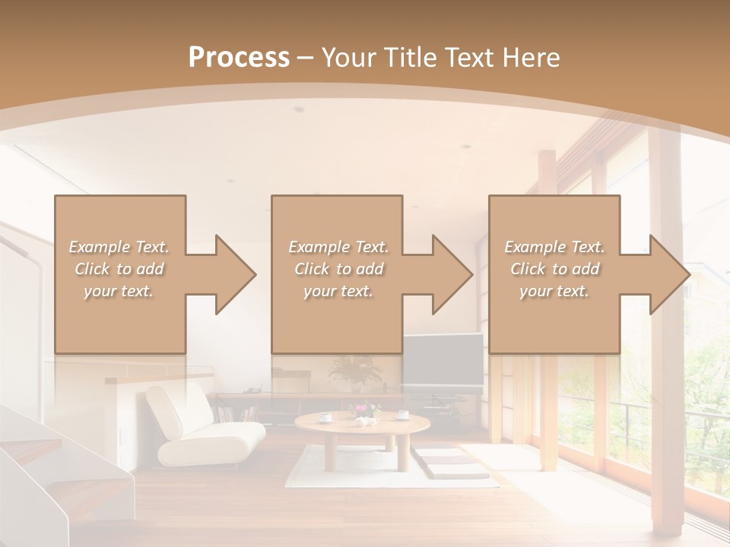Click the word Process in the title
point(239,57)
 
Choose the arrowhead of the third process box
point(668,274)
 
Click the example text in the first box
point(119,269)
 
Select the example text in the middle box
point(338,269)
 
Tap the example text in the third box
point(554,269)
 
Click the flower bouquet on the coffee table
point(365,412)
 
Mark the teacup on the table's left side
point(325,416)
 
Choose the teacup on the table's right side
point(402,415)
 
